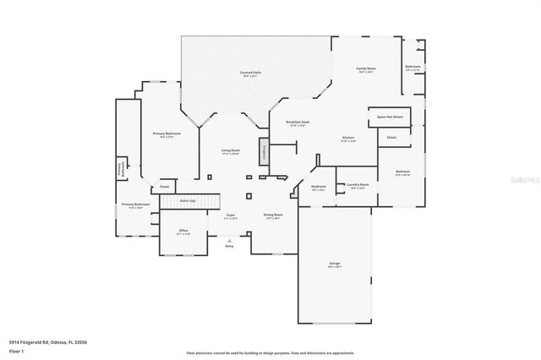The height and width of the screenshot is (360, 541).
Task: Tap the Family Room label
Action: pyautogui.click(x=365, y=69)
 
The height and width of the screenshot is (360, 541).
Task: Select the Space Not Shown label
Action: pyautogui.click(x=390, y=117)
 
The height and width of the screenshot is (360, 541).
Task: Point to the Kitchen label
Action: pyautogui.click(x=347, y=139)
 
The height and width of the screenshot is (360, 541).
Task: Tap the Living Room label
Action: pyautogui.click(x=230, y=151)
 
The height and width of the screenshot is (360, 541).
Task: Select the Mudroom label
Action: pyautogui.click(x=319, y=188)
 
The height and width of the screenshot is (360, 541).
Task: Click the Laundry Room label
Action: pyautogui.click(x=356, y=187)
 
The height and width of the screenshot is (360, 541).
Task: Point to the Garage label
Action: pyautogui.click(x=334, y=265)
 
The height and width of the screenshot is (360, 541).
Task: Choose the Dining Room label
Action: pyautogui.click(x=272, y=216)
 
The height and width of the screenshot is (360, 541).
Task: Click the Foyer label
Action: pyautogui.click(x=230, y=216)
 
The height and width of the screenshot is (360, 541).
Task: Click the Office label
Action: pyautogui.click(x=183, y=232)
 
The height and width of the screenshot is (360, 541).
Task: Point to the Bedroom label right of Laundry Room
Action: pyautogui.click(x=402, y=173)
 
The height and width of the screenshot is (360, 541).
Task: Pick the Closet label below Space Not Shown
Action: pyautogui.click(x=391, y=137)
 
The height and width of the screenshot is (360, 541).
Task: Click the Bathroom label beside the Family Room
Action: pyautogui.click(x=413, y=68)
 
